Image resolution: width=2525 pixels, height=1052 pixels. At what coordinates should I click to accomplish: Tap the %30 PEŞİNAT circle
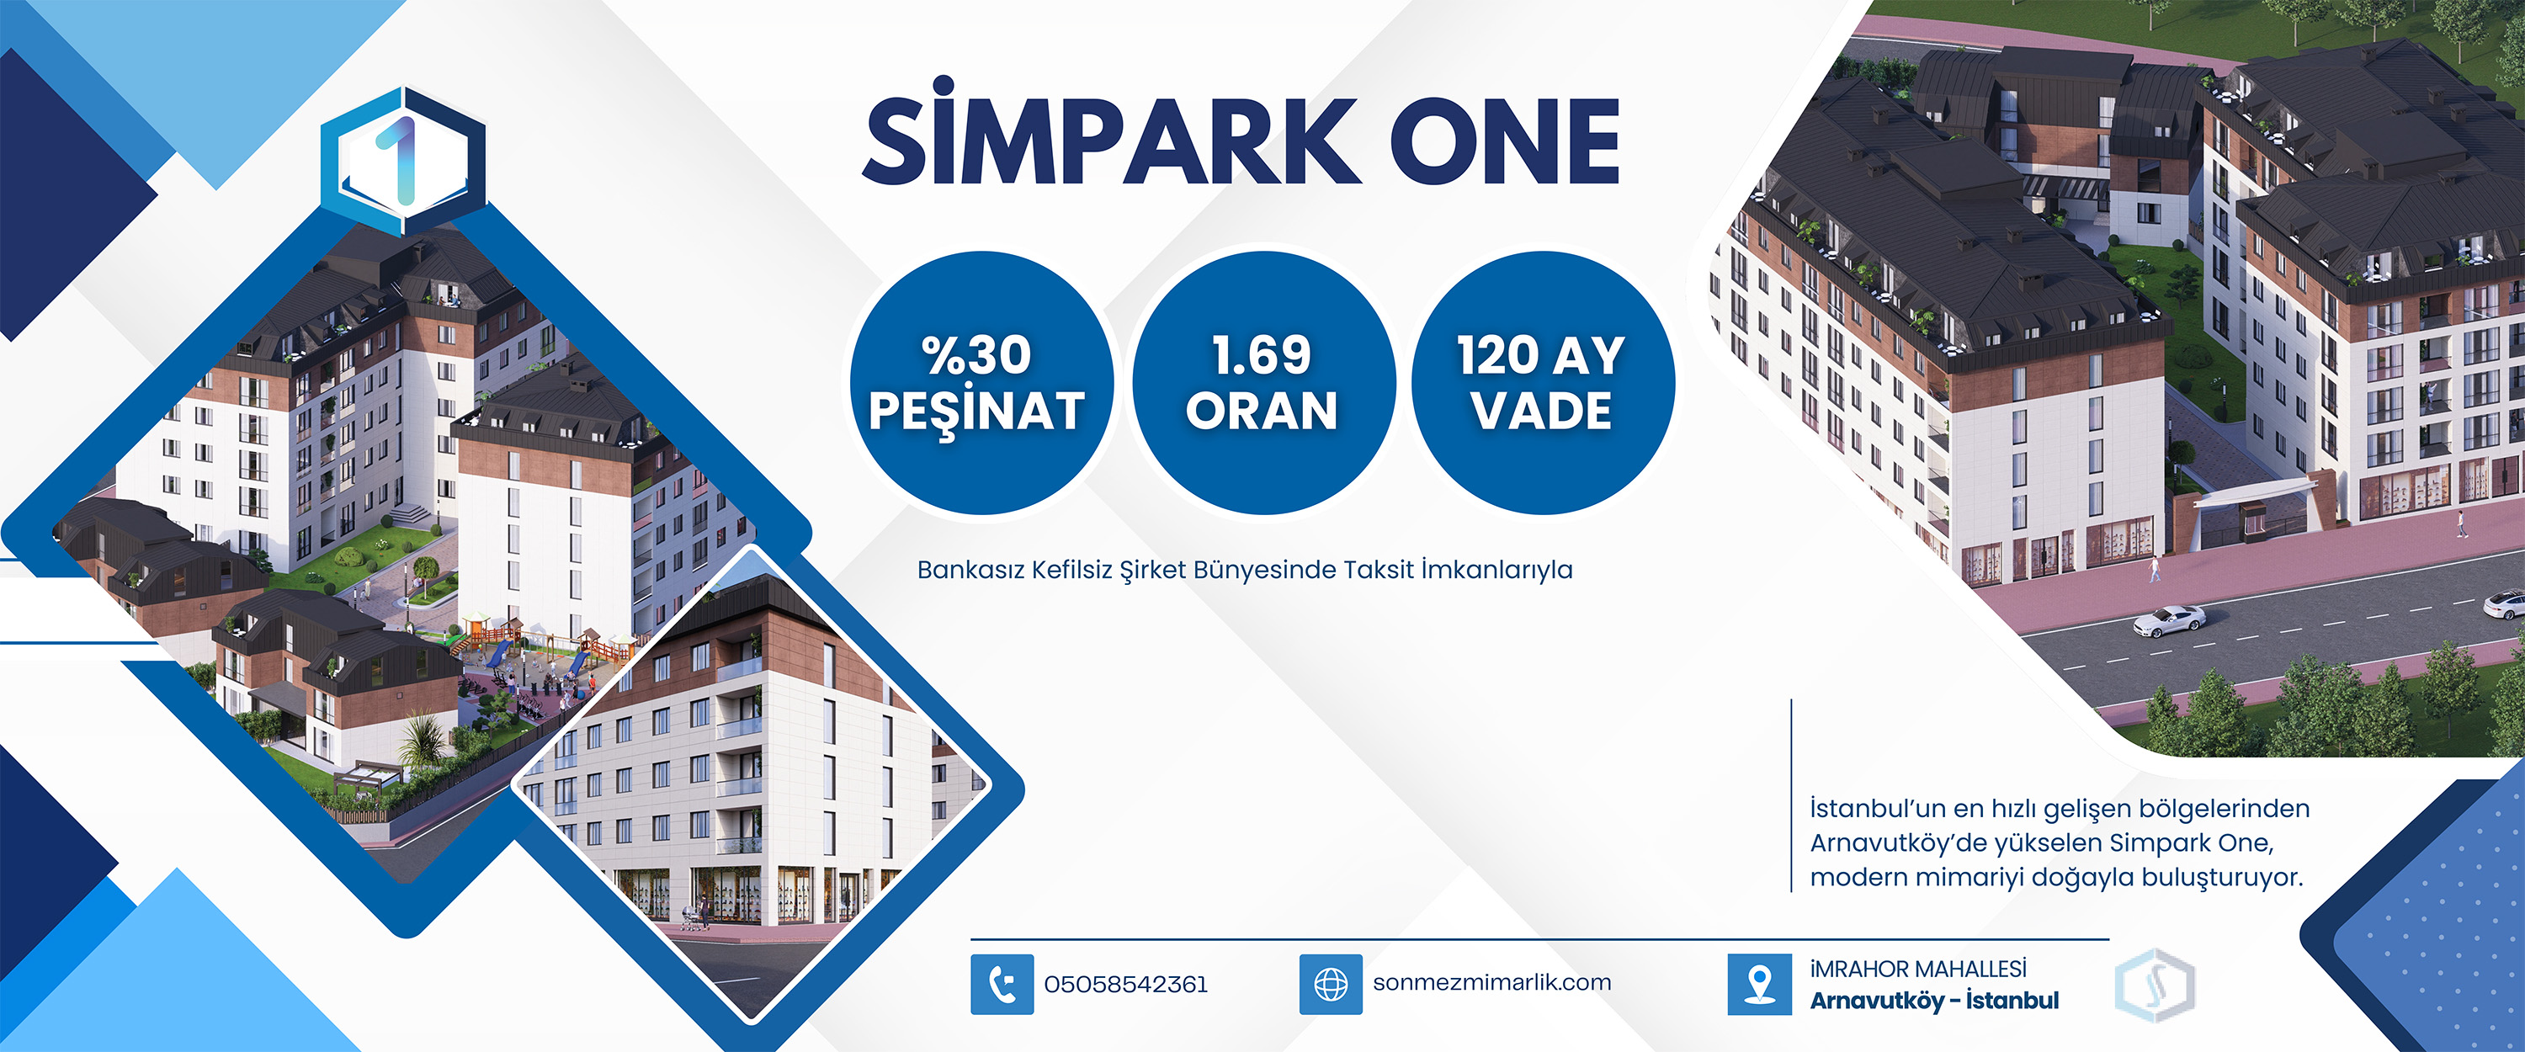[x=979, y=382]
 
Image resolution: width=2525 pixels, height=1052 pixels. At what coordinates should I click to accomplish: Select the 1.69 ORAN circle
[x=1262, y=382]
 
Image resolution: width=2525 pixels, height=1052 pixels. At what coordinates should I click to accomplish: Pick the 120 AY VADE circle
[x=1543, y=382]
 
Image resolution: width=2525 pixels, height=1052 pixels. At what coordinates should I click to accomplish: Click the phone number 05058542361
[x=1125, y=985]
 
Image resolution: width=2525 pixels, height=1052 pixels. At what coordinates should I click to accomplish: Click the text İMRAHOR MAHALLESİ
[x=1918, y=969]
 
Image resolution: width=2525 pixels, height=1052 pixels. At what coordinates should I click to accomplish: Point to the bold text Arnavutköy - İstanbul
[x=1934, y=1000]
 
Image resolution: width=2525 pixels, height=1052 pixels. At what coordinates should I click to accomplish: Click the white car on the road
[x=2169, y=619]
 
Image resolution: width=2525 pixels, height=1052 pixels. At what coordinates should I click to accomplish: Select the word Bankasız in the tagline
[x=970, y=570]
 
